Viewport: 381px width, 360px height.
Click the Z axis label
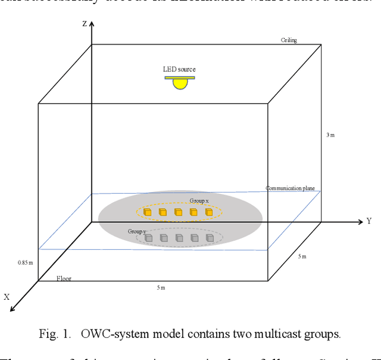point(85,24)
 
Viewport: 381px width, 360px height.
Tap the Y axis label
point(369,221)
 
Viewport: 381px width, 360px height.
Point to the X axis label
point(8,296)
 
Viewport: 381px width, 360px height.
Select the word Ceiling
point(289,41)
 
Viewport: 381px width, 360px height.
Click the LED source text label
point(179,70)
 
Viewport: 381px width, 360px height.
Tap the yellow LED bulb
point(180,83)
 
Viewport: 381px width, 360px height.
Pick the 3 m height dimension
point(331,135)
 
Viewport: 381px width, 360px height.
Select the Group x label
point(199,201)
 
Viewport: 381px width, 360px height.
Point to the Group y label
point(137,231)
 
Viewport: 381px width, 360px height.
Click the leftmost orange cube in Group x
point(147,212)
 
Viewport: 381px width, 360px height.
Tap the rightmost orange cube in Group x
point(209,212)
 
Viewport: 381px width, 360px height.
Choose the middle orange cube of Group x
point(178,212)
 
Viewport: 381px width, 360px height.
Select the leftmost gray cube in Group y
point(148,238)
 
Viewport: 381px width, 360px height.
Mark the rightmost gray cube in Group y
point(210,238)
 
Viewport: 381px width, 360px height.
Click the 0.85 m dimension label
point(26,262)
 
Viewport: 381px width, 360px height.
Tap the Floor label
point(64,278)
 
